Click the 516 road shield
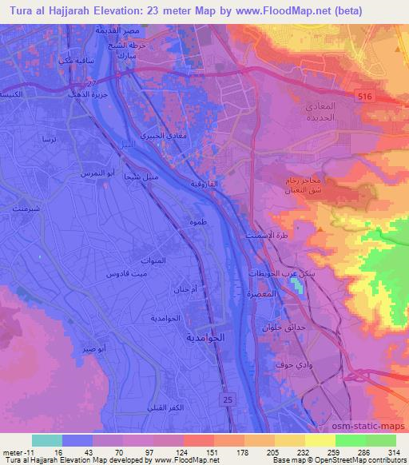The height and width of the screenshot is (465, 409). pyautogui.click(x=387, y=94)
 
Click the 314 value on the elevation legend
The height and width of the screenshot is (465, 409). pyautogui.click(x=395, y=451)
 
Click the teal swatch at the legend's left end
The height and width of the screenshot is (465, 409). pyautogui.click(x=47, y=440)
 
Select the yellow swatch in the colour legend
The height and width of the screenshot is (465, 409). pyautogui.click(x=320, y=440)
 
